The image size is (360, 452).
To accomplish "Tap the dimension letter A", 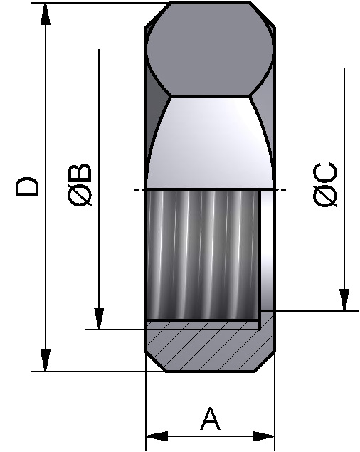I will (x=210, y=419).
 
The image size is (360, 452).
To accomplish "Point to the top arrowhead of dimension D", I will (x=46, y=14).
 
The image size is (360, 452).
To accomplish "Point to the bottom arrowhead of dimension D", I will (x=46, y=359).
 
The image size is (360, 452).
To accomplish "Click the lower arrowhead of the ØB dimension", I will (x=99, y=317).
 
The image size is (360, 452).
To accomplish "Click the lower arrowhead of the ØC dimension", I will (x=344, y=299).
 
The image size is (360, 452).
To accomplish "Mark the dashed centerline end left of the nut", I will (x=137, y=190).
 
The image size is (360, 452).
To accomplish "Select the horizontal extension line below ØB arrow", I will (x=114, y=329).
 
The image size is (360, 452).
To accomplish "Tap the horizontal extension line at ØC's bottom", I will (x=313, y=310).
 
